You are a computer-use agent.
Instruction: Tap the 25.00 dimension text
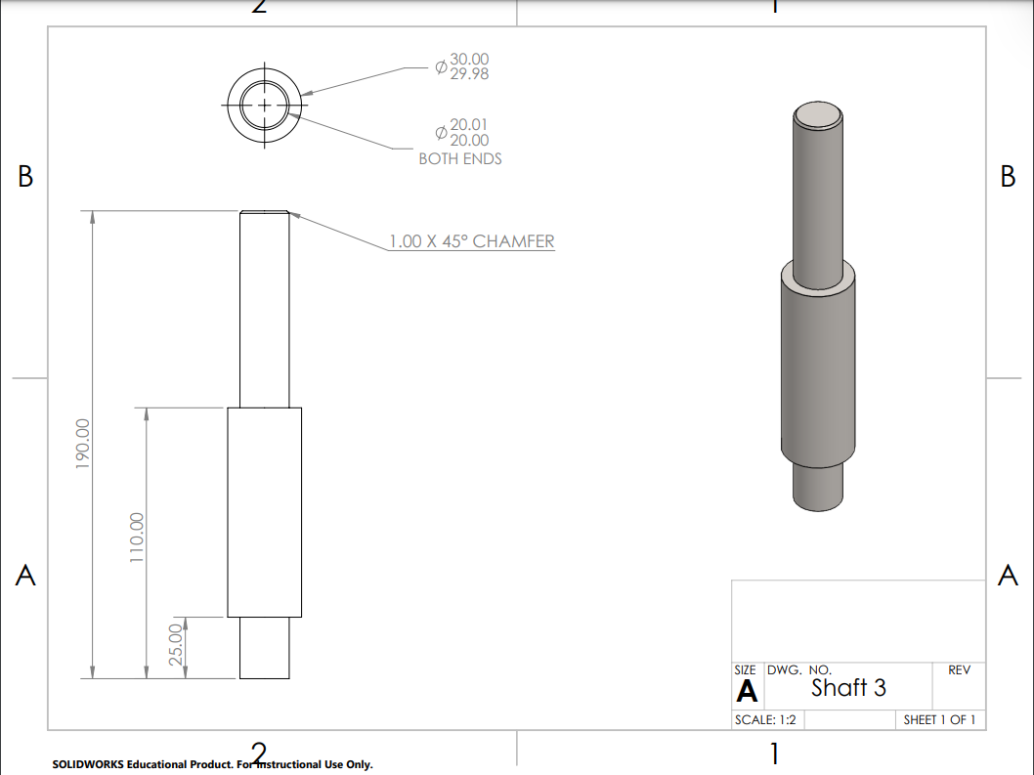click(177, 645)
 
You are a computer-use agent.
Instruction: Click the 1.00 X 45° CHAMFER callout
click(471, 241)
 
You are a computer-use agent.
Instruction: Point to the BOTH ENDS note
click(459, 158)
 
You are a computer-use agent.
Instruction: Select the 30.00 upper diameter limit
click(469, 60)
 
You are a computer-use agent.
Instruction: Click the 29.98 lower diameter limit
click(469, 74)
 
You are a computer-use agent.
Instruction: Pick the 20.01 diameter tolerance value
click(469, 125)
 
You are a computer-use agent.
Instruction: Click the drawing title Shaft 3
click(848, 688)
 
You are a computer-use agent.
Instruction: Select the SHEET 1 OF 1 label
click(939, 720)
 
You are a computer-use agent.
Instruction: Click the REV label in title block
click(959, 670)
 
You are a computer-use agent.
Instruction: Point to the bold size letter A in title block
click(747, 691)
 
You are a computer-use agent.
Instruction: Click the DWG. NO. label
click(799, 670)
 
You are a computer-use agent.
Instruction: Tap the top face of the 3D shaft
click(818, 116)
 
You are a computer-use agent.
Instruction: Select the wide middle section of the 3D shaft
click(818, 371)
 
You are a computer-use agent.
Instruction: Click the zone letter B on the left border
click(25, 177)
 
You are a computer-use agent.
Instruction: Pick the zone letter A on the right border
click(1008, 577)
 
